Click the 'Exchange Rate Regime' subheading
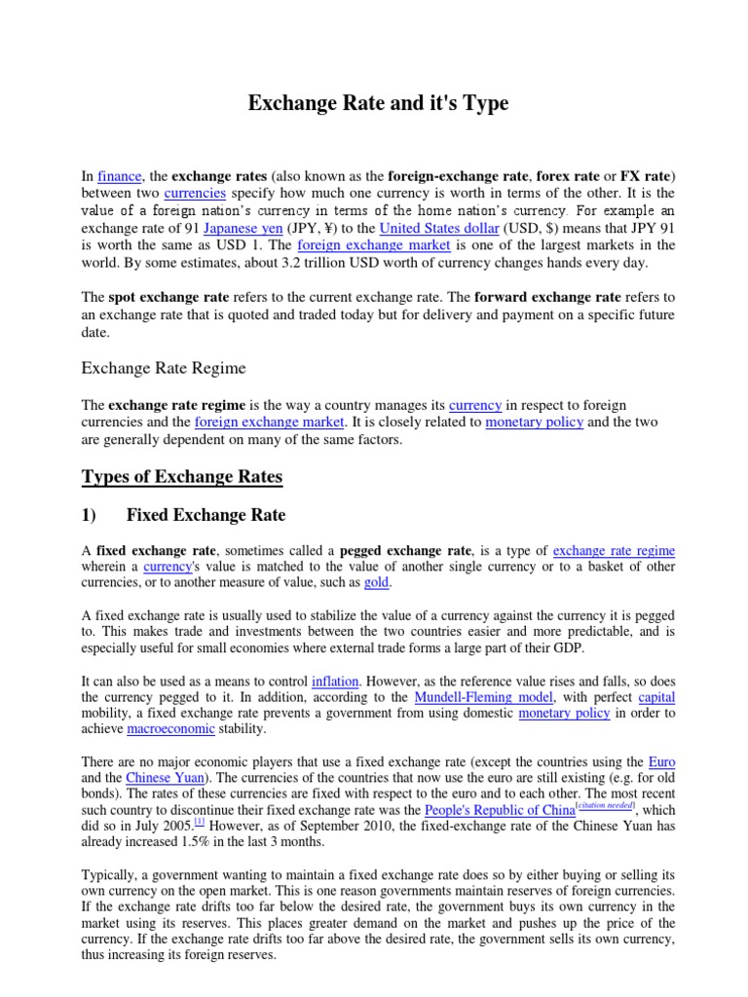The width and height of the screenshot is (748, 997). point(163,368)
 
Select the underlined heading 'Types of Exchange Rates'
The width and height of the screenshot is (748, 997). point(181,476)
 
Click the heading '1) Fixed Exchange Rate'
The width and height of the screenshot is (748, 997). point(183,514)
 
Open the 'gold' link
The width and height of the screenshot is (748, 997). point(376,582)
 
